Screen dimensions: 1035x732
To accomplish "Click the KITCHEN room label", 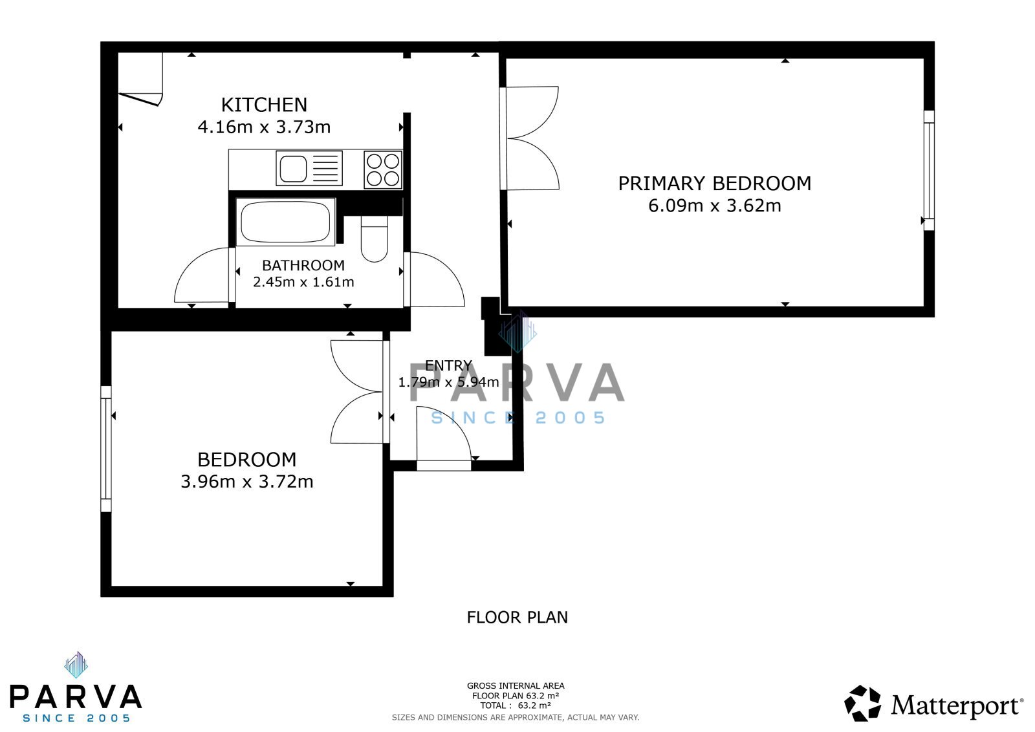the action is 264,105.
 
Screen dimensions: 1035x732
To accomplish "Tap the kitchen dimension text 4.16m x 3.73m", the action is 264,127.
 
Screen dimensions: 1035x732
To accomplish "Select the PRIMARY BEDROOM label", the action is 714,184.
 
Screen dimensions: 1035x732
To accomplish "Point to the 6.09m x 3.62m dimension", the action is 714,205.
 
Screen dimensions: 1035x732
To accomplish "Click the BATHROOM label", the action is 303,265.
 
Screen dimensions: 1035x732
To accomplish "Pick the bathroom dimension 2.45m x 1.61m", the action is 303,282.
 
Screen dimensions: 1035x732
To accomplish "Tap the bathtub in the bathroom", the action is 285,222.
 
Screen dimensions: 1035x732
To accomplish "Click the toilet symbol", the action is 375,239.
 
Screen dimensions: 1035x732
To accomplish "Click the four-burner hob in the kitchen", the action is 382,169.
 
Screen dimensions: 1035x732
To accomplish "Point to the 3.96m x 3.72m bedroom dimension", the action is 246,481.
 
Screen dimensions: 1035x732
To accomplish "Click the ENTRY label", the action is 448,365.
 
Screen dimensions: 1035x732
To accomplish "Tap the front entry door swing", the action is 444,434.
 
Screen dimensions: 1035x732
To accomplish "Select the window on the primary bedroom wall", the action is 929,171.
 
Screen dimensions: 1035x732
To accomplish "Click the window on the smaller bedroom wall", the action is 106,449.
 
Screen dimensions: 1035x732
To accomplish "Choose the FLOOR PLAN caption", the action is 517,618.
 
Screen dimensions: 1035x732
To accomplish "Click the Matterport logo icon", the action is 862,703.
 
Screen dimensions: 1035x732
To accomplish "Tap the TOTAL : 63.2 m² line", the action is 515,705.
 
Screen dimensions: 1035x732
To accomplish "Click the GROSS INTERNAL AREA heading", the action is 515,686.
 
